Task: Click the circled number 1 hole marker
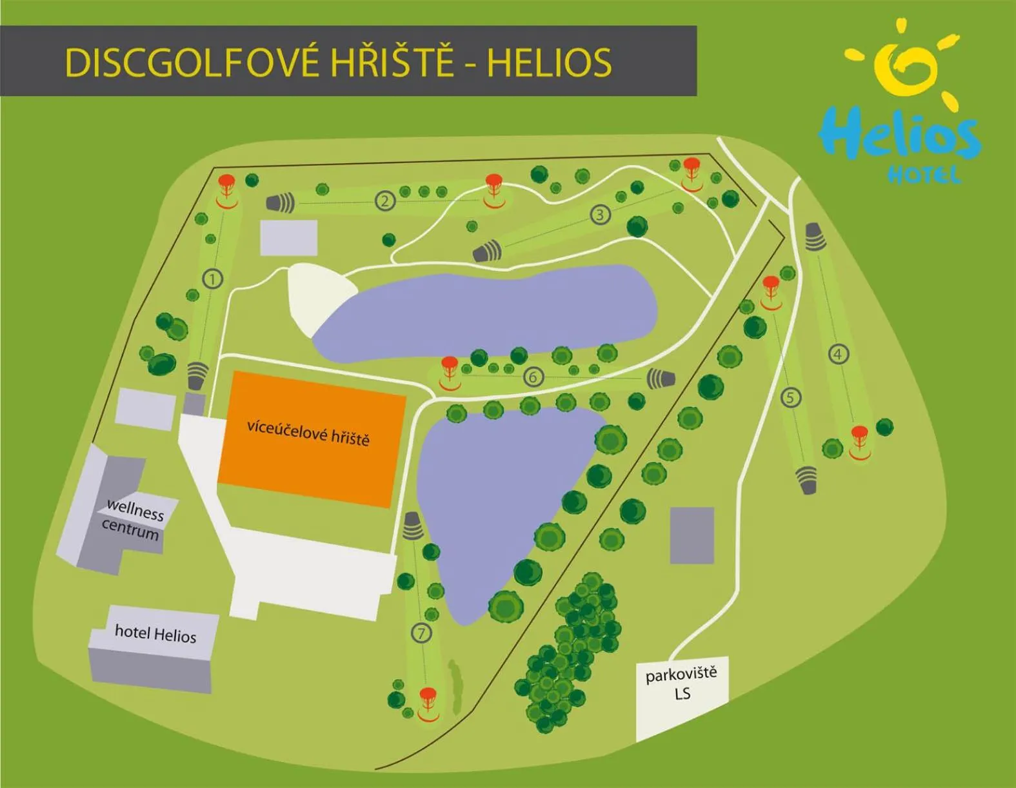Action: (x=212, y=279)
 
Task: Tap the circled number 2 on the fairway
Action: (x=385, y=201)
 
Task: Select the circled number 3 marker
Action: (x=601, y=215)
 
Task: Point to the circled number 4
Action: (x=838, y=354)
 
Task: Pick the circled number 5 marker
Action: (x=791, y=397)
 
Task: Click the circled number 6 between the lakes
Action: (x=533, y=376)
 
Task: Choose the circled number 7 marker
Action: (x=421, y=633)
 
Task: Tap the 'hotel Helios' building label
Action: (x=155, y=633)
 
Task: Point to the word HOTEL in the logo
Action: (x=924, y=174)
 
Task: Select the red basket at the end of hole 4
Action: (x=859, y=440)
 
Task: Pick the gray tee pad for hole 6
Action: (x=661, y=378)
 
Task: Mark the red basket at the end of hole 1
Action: (x=226, y=189)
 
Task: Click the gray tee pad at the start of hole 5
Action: (x=806, y=480)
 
